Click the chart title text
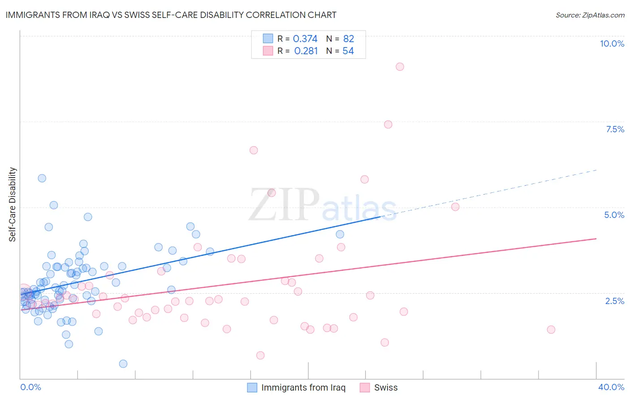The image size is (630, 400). point(171,15)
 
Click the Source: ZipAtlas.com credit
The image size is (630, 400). point(590,15)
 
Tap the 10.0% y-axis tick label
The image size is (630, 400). point(612,43)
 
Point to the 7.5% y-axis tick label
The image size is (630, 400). point(615,129)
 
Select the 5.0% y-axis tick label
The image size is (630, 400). point(614,215)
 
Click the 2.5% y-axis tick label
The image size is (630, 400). point(614,301)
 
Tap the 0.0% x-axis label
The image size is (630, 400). point(30,387)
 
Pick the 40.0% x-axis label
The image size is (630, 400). point(611,387)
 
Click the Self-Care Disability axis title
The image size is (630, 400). point(13,204)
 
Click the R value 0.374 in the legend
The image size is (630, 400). point(305,39)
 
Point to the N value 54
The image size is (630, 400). point(348,51)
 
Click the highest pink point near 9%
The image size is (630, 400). point(400,67)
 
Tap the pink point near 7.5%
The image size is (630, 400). point(388,124)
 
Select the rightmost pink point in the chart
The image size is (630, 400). point(551,330)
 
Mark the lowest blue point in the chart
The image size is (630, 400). point(123,364)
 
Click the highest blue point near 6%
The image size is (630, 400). point(42,178)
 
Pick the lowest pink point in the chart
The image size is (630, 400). point(260,355)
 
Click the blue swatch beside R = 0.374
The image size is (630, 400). point(268,39)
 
